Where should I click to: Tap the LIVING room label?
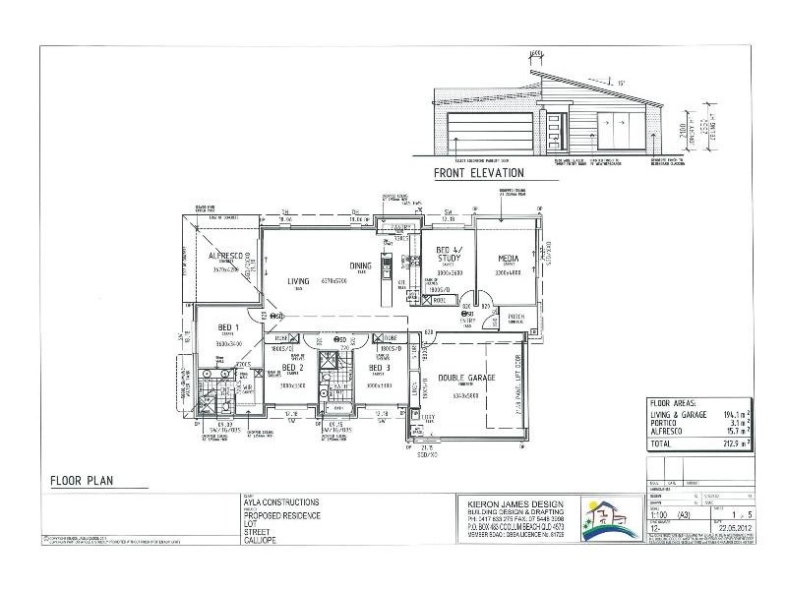click(x=298, y=282)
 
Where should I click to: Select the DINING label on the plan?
click(x=359, y=265)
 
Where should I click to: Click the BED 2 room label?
click(x=293, y=368)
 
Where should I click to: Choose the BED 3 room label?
click(x=381, y=368)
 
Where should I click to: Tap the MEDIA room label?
click(x=508, y=259)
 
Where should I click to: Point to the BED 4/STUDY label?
click(x=450, y=255)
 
